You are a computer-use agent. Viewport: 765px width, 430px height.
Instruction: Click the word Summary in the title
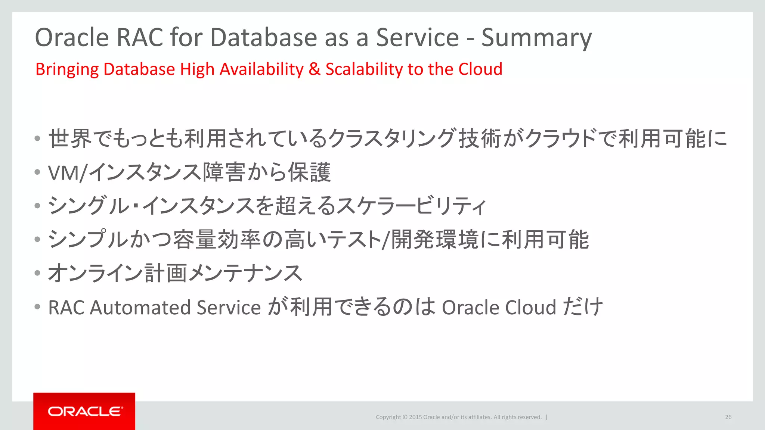(x=536, y=38)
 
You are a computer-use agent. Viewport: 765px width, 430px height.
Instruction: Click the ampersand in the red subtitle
(x=315, y=69)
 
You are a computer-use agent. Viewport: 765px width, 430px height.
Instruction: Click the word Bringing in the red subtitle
(x=67, y=69)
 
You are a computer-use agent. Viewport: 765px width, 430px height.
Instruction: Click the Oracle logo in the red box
(x=84, y=411)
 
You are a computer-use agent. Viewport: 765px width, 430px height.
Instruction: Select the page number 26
(x=728, y=417)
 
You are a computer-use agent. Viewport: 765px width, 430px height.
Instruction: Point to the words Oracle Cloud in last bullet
(x=499, y=308)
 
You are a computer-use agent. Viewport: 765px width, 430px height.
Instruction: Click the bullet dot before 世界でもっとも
(x=37, y=139)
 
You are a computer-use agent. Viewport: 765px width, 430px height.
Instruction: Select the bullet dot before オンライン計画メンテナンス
(x=37, y=273)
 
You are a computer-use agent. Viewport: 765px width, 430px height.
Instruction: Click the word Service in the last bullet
(x=229, y=308)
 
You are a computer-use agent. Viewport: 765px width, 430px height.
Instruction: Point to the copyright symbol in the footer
(x=405, y=417)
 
